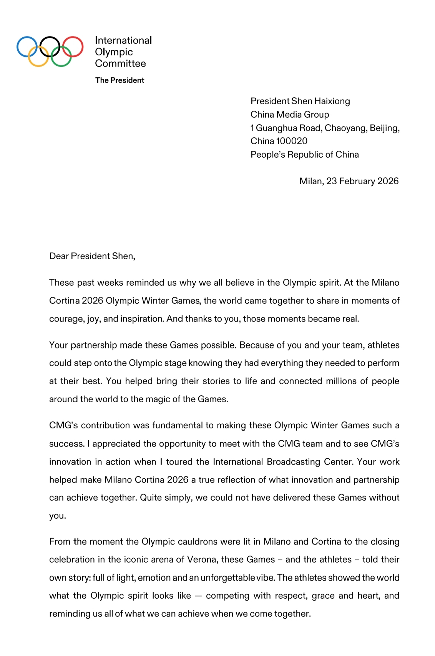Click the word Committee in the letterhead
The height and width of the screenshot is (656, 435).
(x=120, y=63)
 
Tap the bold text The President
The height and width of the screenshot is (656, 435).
(x=120, y=80)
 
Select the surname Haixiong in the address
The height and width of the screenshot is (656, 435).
(x=332, y=101)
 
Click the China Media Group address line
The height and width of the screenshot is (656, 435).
(x=290, y=115)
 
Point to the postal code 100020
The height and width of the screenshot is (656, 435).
(x=292, y=141)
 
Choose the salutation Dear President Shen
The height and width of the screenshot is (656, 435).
(x=92, y=256)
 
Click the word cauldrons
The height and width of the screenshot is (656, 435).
(x=179, y=542)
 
